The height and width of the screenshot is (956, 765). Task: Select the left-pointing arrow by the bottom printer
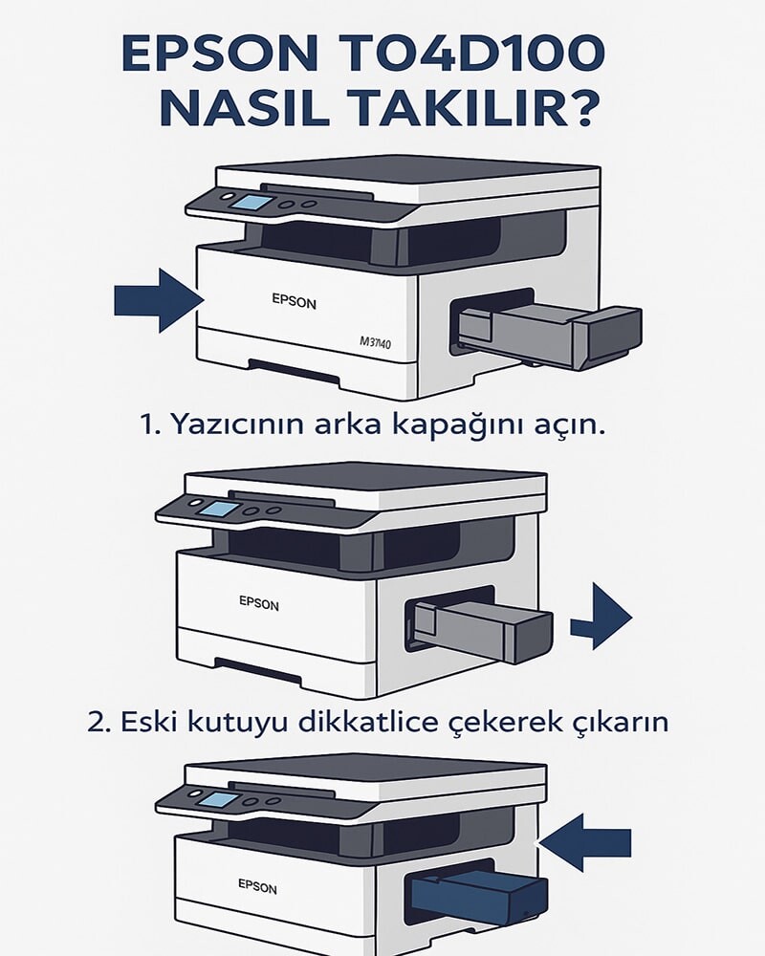click(x=585, y=841)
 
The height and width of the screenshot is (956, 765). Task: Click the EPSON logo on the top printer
click(x=294, y=301)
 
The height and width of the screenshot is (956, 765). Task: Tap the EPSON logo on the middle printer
click(x=259, y=604)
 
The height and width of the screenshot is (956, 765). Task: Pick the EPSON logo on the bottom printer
click(x=257, y=887)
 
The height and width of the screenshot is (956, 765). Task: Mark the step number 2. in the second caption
click(x=98, y=722)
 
